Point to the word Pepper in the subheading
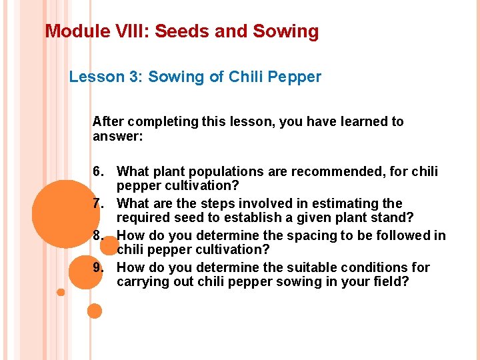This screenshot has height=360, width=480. click(297, 77)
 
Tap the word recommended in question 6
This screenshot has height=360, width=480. click(339, 172)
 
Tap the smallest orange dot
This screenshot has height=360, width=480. click(61, 292)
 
